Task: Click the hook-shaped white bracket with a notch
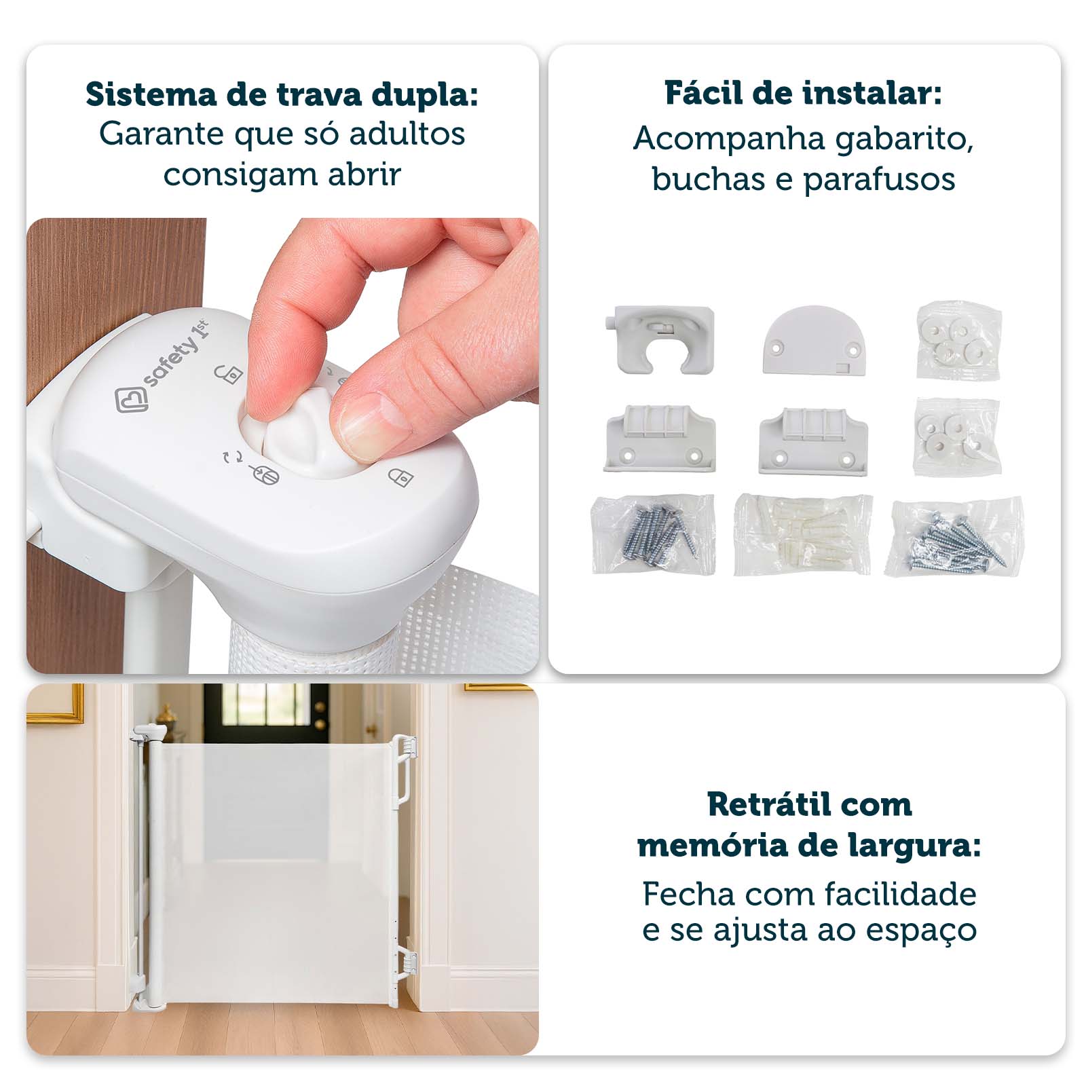[660, 339]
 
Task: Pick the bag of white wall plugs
[803, 535]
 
